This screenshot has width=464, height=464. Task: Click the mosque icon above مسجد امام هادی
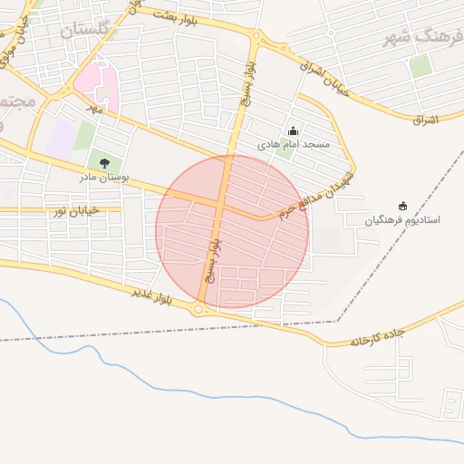point(292,131)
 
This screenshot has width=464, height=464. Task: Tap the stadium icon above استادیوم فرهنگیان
point(403,207)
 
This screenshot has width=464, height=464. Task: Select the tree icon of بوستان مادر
point(104,163)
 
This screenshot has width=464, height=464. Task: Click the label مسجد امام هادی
point(294,145)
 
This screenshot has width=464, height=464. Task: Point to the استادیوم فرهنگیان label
point(403,220)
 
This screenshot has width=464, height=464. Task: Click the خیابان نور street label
point(74,210)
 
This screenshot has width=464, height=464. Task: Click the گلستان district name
point(90,30)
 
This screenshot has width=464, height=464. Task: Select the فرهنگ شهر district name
point(421,38)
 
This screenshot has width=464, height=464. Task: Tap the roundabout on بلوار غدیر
point(199,309)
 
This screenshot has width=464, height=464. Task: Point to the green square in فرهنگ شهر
point(420,65)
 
